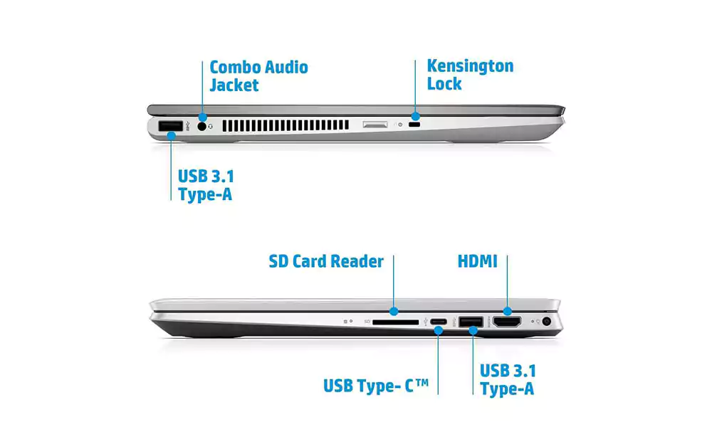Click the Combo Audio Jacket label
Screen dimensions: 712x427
[x=259, y=76]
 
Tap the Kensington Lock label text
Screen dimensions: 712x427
[x=470, y=75]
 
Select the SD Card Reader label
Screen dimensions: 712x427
[x=326, y=262]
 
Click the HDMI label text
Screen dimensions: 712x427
[x=477, y=261]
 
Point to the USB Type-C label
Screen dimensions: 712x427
[x=376, y=386]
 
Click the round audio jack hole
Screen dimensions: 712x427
[x=202, y=127]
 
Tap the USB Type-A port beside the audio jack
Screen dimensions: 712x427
[x=171, y=126]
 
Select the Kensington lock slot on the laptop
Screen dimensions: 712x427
[x=414, y=125]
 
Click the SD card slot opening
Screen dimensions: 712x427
[x=395, y=322]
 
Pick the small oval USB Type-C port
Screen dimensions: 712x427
[x=438, y=322]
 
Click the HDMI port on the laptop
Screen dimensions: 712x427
[x=507, y=322]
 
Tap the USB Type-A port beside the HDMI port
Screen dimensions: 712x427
[x=471, y=322]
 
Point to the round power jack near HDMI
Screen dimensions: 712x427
[x=547, y=321]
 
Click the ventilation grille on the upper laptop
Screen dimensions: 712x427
[x=286, y=126]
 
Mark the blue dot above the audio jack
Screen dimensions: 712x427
[x=202, y=117]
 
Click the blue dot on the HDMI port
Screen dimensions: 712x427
[x=507, y=311]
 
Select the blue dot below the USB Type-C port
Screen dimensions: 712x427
[x=438, y=331]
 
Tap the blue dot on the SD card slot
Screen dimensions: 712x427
[x=394, y=311]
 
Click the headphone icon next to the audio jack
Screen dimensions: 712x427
[x=210, y=127]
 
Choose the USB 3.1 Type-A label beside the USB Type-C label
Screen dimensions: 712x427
[x=508, y=380]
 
